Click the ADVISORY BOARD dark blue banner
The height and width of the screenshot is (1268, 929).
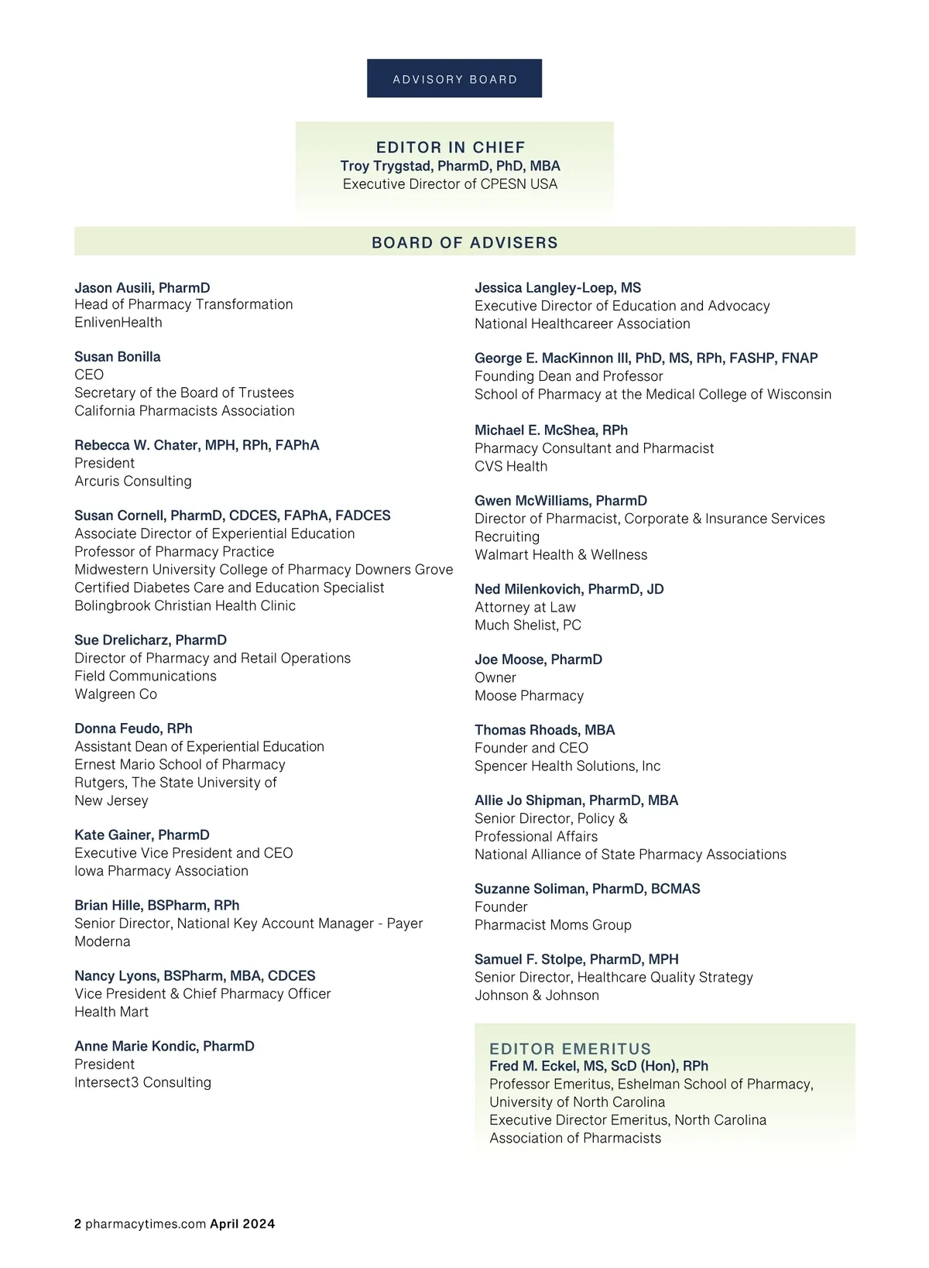point(454,79)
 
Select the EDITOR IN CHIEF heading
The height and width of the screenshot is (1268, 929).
point(451,147)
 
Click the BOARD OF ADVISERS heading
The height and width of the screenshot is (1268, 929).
point(464,242)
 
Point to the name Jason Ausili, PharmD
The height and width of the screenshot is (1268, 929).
point(142,287)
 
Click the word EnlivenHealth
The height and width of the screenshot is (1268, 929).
point(118,322)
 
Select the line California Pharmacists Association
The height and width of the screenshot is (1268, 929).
point(184,410)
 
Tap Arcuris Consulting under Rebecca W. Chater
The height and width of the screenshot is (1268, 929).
point(133,481)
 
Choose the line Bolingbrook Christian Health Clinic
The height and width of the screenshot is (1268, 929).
point(185,605)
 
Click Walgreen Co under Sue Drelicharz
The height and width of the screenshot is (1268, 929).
point(115,694)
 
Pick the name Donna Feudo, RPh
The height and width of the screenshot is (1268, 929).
point(133,728)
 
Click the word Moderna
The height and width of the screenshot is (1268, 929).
point(102,941)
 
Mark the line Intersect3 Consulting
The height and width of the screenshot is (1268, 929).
point(142,1082)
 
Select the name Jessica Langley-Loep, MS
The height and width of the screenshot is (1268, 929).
point(557,287)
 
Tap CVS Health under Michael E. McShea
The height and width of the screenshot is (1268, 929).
point(511,466)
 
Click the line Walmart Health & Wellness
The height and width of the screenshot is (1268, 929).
point(560,554)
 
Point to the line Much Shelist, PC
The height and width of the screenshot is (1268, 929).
point(528,625)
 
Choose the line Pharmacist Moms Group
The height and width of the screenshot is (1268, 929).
point(553,924)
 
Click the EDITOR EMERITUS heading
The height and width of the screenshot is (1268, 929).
point(570,1049)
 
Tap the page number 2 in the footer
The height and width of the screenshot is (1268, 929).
point(77,1224)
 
